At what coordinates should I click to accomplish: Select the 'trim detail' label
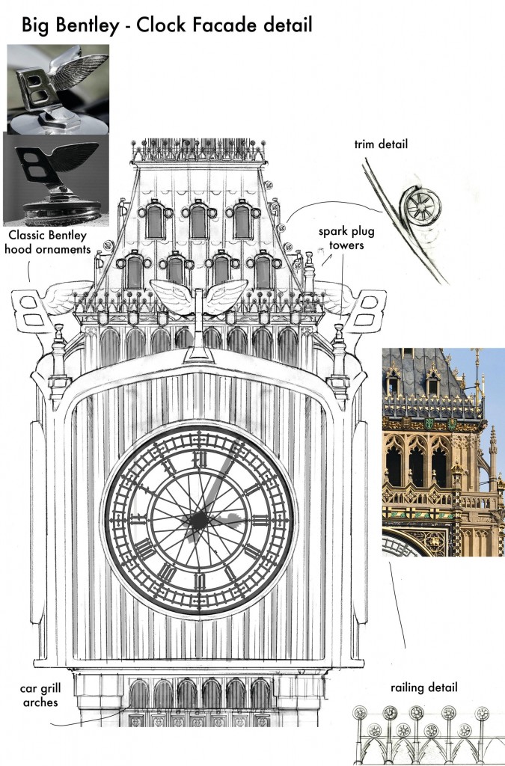click(x=381, y=144)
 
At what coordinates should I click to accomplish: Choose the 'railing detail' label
click(x=423, y=687)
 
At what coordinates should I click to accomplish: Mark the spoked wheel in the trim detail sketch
click(x=420, y=206)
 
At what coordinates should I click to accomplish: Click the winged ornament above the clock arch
click(x=198, y=298)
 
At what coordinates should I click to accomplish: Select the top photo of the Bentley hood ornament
click(x=58, y=88)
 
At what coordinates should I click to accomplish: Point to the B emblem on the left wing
click(x=32, y=311)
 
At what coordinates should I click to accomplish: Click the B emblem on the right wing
click(x=367, y=311)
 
